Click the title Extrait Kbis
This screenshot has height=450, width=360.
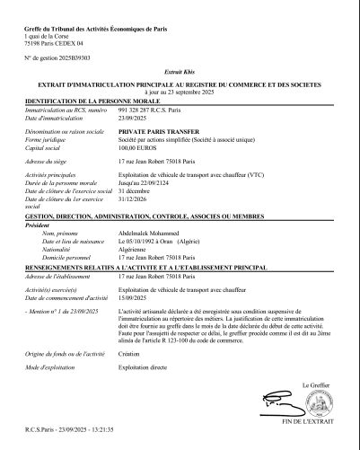pyautogui.click(x=180, y=71)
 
